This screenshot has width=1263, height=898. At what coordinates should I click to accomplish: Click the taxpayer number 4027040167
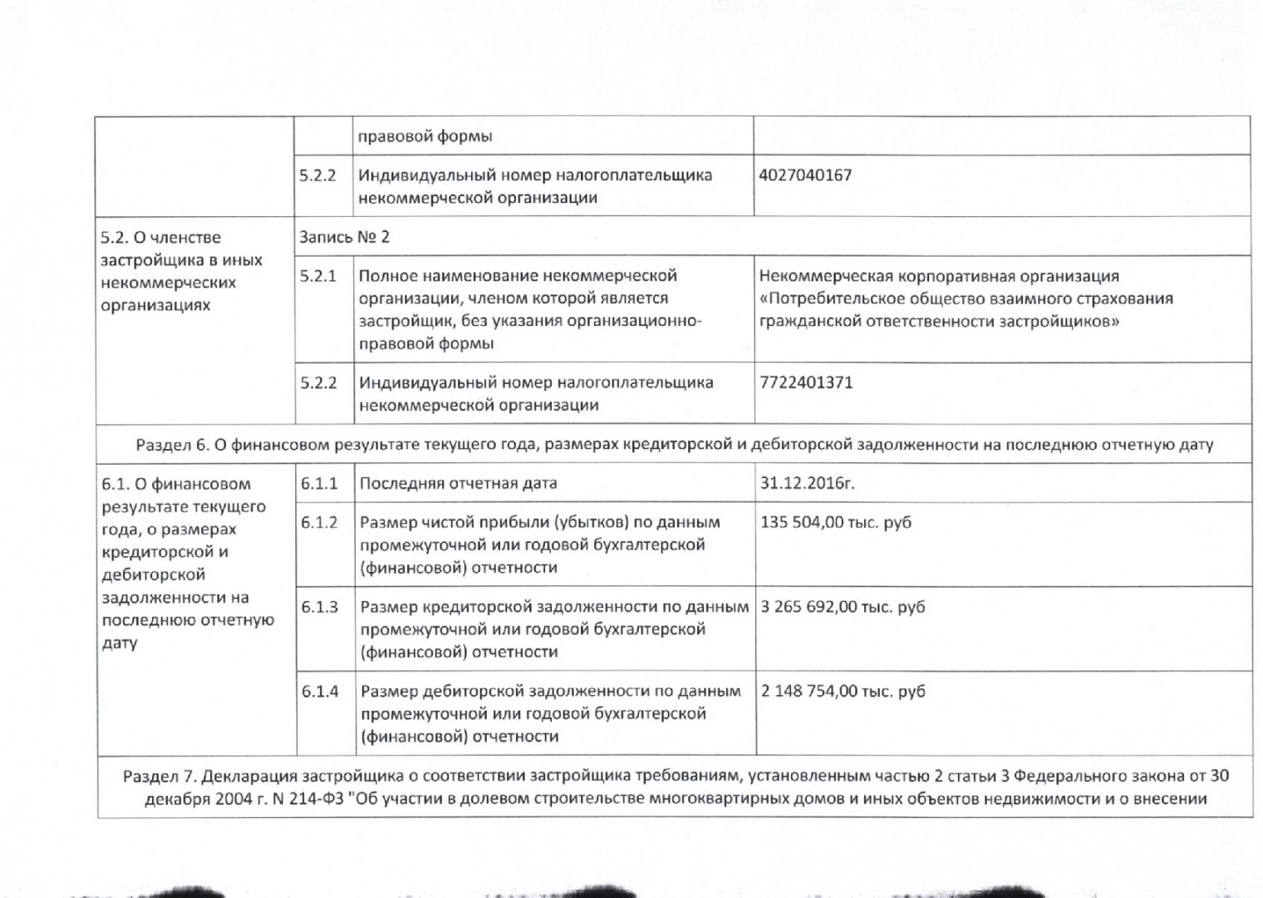click(805, 175)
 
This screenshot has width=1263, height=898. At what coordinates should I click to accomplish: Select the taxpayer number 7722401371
click(806, 383)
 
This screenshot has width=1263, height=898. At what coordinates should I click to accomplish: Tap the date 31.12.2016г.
click(807, 483)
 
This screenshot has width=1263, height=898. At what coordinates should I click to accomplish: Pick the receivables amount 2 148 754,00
click(810, 691)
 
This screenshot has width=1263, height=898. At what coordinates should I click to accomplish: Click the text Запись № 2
click(344, 237)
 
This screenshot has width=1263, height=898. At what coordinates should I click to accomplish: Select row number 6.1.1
click(319, 483)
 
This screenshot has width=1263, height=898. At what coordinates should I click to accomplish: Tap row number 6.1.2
click(319, 522)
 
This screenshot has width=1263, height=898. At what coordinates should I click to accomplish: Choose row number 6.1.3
click(319, 607)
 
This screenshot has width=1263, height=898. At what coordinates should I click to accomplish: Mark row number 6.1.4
click(319, 691)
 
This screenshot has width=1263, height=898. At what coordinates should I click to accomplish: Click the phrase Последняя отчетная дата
click(458, 483)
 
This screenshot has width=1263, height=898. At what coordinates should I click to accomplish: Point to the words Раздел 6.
click(173, 445)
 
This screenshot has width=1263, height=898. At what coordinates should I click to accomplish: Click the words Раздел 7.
click(160, 777)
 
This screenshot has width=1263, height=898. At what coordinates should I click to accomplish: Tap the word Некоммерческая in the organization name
click(818, 276)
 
